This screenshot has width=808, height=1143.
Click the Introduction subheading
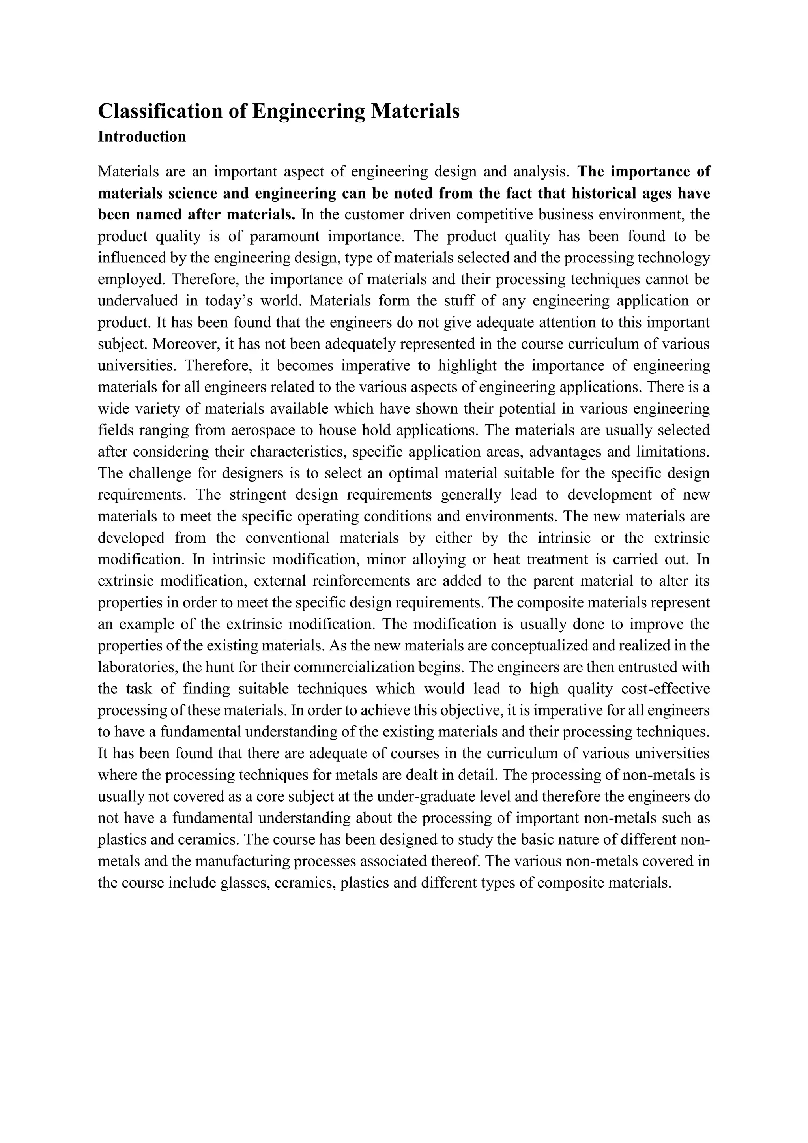click(142, 137)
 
